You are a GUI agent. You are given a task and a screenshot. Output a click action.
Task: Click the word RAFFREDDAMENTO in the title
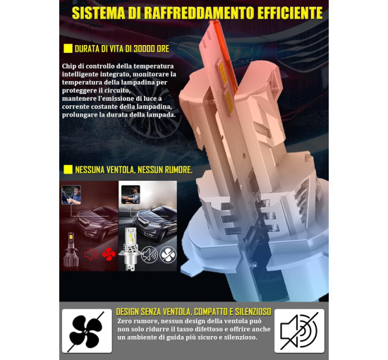[199, 13]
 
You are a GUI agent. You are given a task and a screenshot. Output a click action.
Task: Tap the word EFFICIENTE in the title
[290, 13]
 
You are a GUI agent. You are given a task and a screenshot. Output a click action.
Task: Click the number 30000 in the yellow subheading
[144, 49]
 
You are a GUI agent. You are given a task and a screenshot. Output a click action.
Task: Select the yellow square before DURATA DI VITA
[68, 49]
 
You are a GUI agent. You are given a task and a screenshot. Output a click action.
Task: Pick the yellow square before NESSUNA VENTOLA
[68, 169]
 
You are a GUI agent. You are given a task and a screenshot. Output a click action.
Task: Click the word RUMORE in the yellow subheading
[178, 170]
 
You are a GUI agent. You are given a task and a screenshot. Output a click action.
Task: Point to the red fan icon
[109, 254]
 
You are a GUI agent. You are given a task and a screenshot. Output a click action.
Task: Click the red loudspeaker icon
[91, 254]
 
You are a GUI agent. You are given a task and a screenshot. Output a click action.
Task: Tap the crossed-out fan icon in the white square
[87, 331]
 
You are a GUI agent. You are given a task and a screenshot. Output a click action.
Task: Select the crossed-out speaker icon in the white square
[300, 331]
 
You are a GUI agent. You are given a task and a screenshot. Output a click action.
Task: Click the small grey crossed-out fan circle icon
[168, 255]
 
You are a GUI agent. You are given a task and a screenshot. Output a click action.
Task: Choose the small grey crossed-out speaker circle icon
[150, 255]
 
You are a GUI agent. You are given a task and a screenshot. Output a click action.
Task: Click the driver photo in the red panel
[71, 195]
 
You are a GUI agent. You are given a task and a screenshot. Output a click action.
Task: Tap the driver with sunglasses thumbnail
[131, 195]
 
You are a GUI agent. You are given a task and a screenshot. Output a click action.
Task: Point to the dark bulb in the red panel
[71, 250]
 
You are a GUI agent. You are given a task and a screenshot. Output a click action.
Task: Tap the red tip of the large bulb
[214, 23]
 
